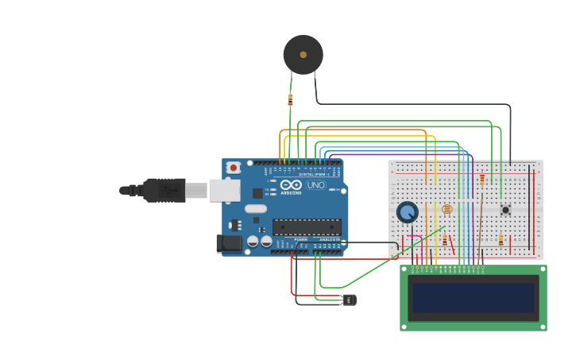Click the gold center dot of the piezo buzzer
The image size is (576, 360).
pos(303,55)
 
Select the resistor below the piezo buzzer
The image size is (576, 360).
pos(290,99)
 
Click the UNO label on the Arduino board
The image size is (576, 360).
pos(316,185)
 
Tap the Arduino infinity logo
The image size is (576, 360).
pos(291,184)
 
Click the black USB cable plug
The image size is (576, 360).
pos(163,190)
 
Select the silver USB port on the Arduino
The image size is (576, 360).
pos(224,190)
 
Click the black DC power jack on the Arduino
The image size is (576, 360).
pos(230,243)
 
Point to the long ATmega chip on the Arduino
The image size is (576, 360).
pos(307,226)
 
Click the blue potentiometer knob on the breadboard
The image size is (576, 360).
pos(408,212)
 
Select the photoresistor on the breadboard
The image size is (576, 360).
pos(446,209)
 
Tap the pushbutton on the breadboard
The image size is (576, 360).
pos(505,210)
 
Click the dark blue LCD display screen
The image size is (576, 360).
pos(473,297)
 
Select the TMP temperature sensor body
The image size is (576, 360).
pos(350,300)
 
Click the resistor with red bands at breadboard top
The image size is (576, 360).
pos(481,180)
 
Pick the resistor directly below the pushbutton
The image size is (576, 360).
pos(501,240)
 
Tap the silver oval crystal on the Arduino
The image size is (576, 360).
pos(256,209)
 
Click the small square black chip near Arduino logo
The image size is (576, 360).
pos(257,193)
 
